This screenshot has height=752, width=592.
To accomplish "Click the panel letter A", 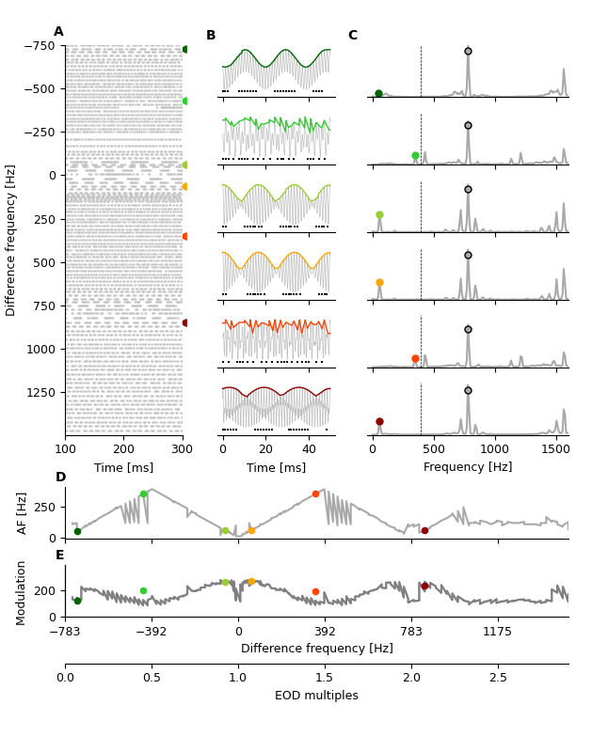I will pos(59,32).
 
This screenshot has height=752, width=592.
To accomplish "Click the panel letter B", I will pos(211,36).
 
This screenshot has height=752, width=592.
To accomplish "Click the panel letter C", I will pos(353,36).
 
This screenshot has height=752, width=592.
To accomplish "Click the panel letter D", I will pos(60,478).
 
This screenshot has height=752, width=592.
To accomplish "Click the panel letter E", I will pos(60,556).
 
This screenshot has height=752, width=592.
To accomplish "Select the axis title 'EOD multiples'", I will pos(316,697).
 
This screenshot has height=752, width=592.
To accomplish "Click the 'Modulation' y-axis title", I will pos(22,592).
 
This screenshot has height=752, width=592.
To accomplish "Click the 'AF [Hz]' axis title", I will pos(22,512).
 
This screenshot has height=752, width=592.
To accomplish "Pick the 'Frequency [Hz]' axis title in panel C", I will pos(468,467).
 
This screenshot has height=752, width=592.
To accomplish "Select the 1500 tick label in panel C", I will pos(555,449).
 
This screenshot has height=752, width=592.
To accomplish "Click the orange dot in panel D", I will pos(251,531).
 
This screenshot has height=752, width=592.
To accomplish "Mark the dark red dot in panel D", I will pos(424,531).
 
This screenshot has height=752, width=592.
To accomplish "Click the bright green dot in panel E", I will pos(143,591).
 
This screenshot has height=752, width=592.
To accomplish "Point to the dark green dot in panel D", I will pos(77,532).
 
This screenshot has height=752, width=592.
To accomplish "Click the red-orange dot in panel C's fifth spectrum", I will pos(415,359).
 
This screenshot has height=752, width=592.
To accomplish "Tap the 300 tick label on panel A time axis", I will pos(182,449).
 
